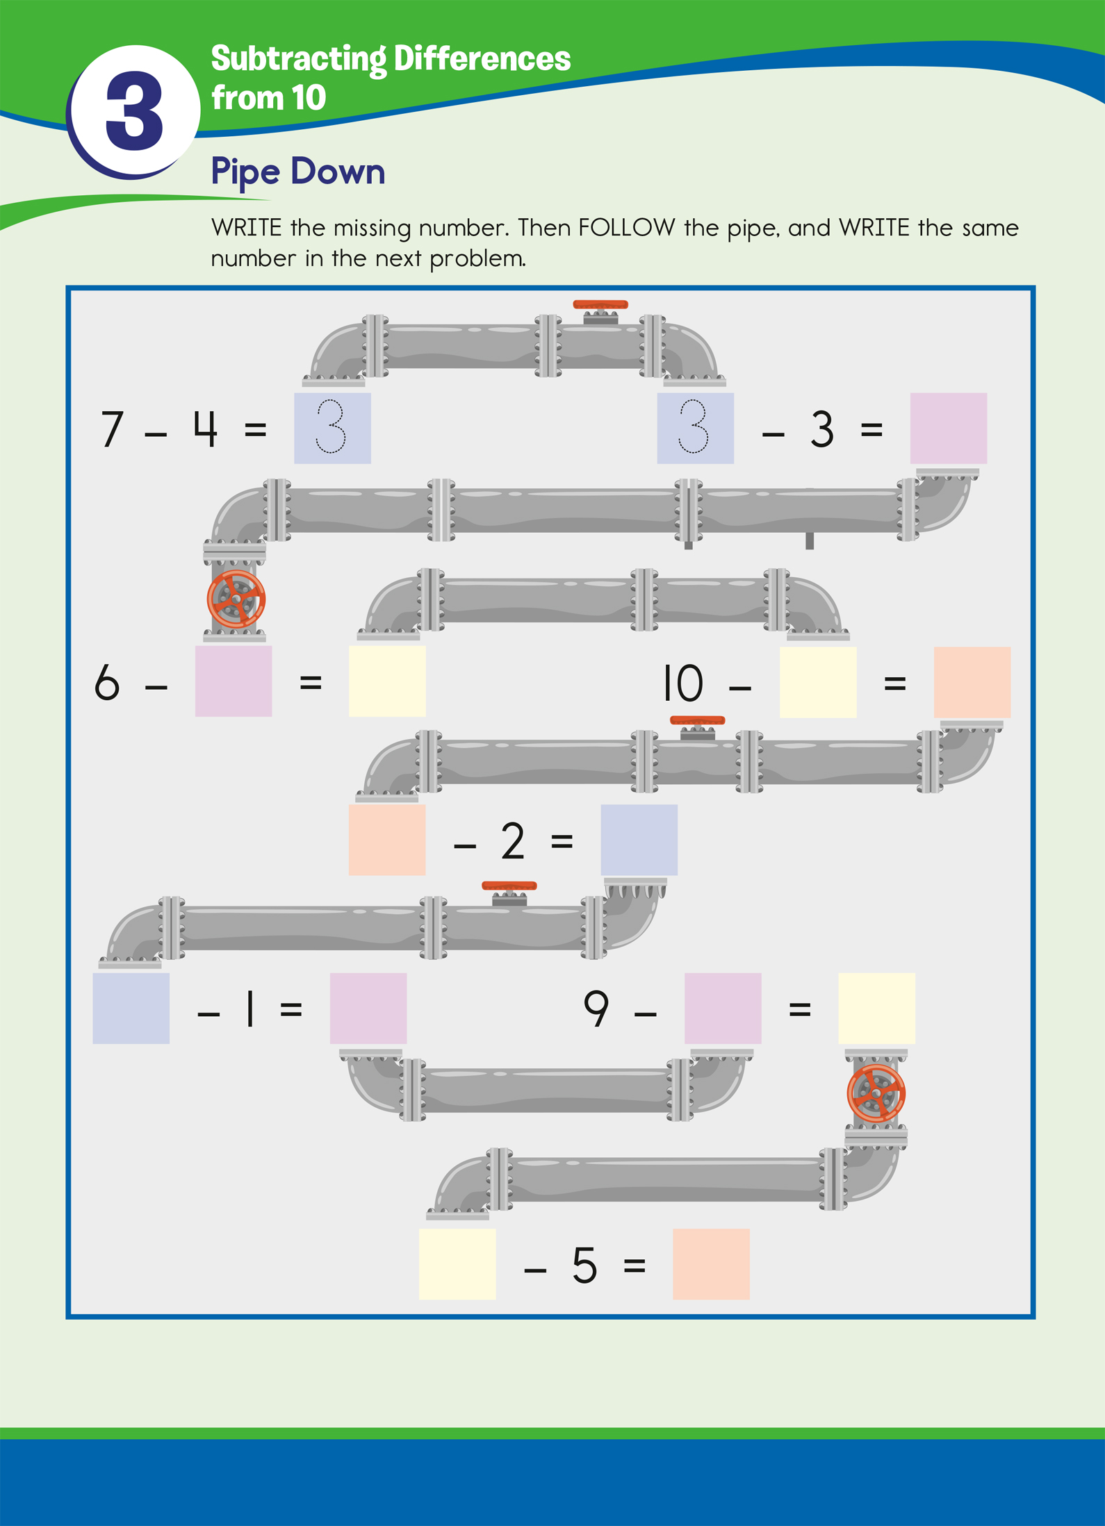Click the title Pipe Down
coord(297,172)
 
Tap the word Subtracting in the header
coord(298,59)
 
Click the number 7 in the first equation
coord(112,429)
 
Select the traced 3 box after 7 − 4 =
coord(332,428)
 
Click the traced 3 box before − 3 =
coord(695,428)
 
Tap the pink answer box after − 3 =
coord(948,428)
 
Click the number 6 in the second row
coord(107,682)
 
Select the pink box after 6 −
coord(233,681)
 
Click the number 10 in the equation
coord(682,683)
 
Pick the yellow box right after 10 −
coord(817,682)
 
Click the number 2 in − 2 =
coord(512,841)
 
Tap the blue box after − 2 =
coord(639,840)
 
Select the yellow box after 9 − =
coord(876,1008)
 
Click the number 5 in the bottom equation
coord(584,1266)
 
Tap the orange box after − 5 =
coord(711,1264)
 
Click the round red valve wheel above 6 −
coord(236,599)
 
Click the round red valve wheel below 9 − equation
coord(876,1093)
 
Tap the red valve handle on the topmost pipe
coord(600,305)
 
